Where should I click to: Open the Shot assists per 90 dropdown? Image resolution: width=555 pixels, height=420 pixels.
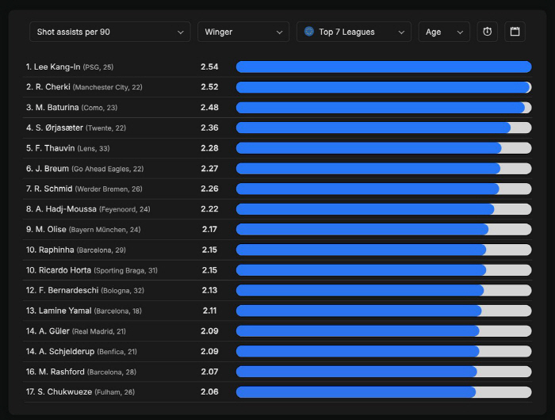click(x=109, y=32)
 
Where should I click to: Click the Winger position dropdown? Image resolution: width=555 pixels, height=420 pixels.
click(x=243, y=32)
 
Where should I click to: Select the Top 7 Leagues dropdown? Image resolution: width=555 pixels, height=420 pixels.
click(x=354, y=32)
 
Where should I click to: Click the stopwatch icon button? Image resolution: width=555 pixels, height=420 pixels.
click(x=488, y=32)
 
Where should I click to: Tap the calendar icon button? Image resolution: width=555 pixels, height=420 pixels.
click(x=515, y=32)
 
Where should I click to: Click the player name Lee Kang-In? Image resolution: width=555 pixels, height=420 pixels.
click(x=57, y=67)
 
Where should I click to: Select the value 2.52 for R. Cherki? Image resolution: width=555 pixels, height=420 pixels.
click(x=209, y=87)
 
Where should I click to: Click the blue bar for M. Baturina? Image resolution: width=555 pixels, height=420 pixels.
click(x=381, y=108)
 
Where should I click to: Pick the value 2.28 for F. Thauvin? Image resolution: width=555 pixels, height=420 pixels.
click(x=209, y=148)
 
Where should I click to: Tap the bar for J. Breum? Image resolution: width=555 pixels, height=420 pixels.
click(x=368, y=168)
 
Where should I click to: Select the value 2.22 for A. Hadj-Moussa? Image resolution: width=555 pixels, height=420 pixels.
click(x=209, y=209)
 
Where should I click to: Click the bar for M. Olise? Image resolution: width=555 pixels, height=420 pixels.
click(x=362, y=229)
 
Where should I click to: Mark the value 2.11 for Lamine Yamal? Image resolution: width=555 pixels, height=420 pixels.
click(x=209, y=311)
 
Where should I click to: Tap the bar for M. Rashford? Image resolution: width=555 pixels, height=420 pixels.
click(x=357, y=372)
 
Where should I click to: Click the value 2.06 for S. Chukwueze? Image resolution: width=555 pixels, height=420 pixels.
click(x=209, y=391)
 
